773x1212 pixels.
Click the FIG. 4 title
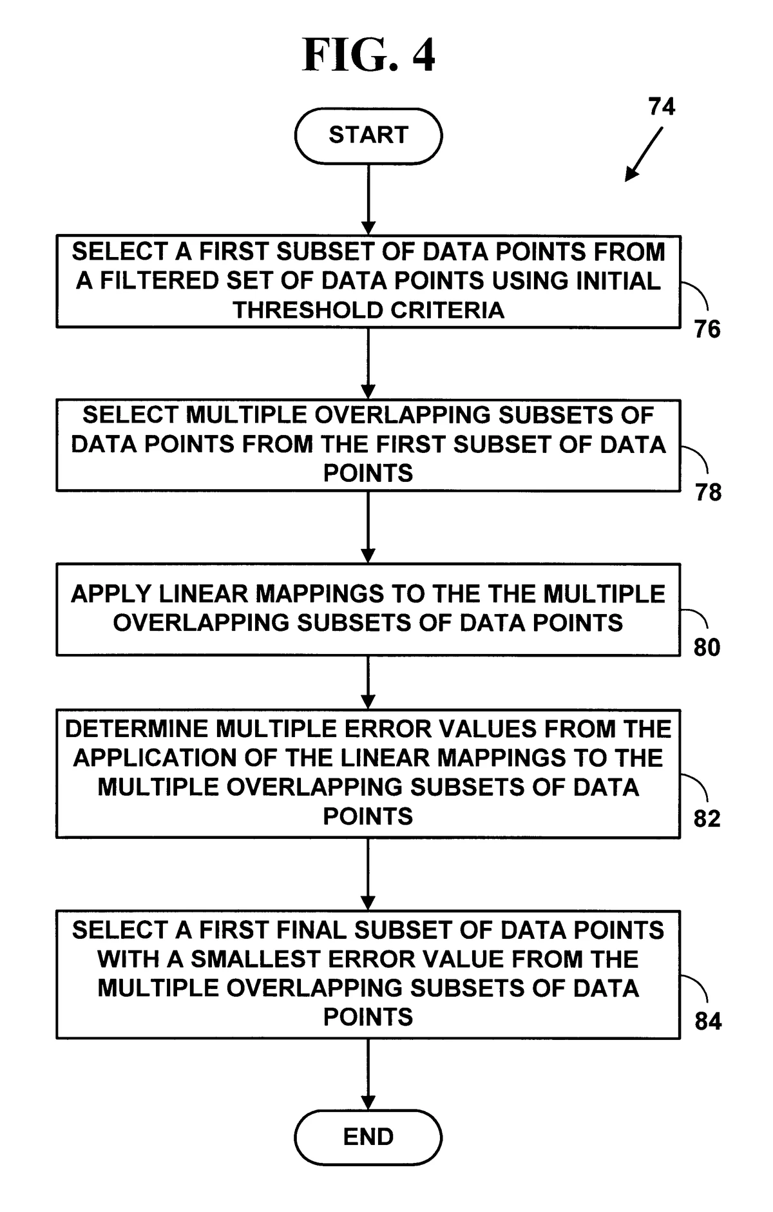pos(368,55)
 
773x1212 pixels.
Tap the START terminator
pos(368,135)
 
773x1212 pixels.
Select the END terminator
pos(368,1137)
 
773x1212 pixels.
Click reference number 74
pos(662,106)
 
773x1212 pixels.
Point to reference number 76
pos(707,329)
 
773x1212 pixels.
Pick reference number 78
pos(708,493)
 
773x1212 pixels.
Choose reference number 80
pos(707,648)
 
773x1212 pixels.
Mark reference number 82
pos(707,818)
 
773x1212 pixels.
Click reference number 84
pos(708,1021)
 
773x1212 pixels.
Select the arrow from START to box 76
pos(368,199)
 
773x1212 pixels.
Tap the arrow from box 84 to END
pos(368,1074)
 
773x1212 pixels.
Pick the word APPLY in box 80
pos(111,594)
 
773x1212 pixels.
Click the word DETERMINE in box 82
pos(137,729)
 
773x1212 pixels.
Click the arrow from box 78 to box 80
pos(368,527)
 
